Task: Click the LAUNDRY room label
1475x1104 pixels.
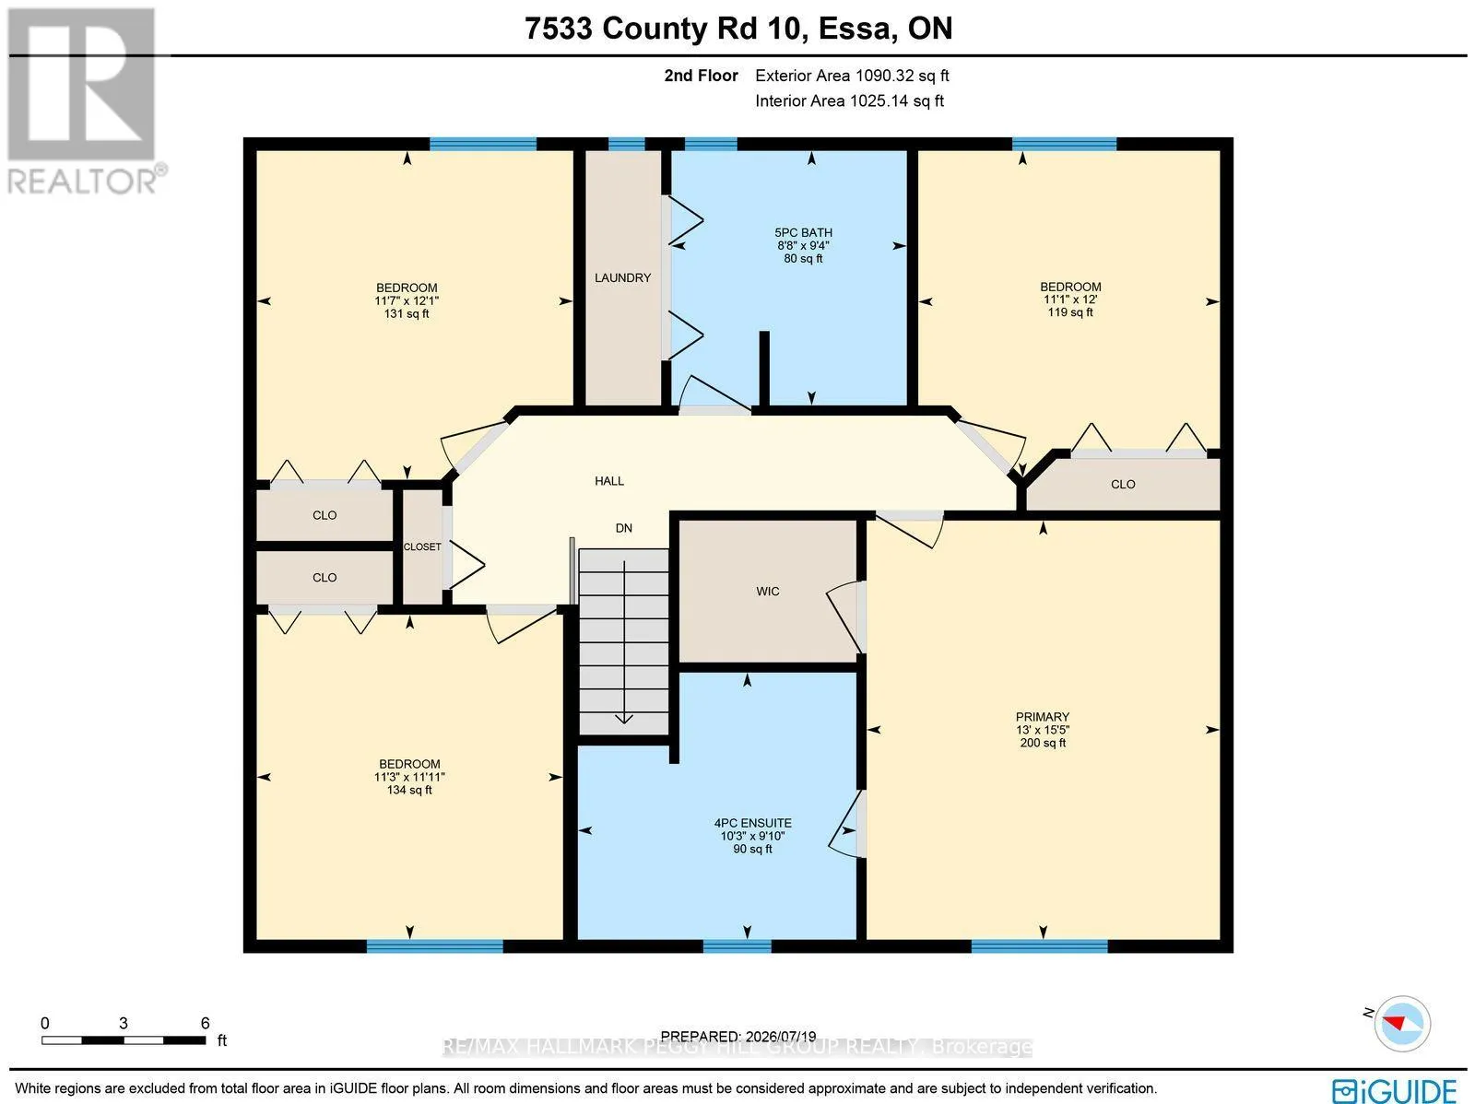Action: coord(622,277)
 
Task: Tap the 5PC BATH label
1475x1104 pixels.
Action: coord(803,232)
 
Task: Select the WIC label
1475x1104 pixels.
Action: coord(767,591)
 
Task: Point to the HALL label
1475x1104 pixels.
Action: coord(608,481)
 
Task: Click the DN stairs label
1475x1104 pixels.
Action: coord(623,528)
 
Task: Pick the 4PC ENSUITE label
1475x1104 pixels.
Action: coord(752,823)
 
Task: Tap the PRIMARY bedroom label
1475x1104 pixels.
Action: coord(1043,717)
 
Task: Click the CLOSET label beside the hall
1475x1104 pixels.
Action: coord(422,546)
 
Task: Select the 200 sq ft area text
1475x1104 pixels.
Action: coord(1043,743)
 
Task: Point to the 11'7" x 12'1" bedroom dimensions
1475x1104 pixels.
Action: coord(407,300)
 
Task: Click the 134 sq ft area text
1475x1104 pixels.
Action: coord(409,790)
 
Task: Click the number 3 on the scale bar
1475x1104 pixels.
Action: coord(124,1023)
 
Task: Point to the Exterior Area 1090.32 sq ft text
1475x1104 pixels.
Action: coord(852,76)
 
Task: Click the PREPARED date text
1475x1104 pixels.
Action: coord(738,1037)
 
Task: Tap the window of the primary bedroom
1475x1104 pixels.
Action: coord(1039,946)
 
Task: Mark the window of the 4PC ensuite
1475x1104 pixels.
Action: coord(737,946)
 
